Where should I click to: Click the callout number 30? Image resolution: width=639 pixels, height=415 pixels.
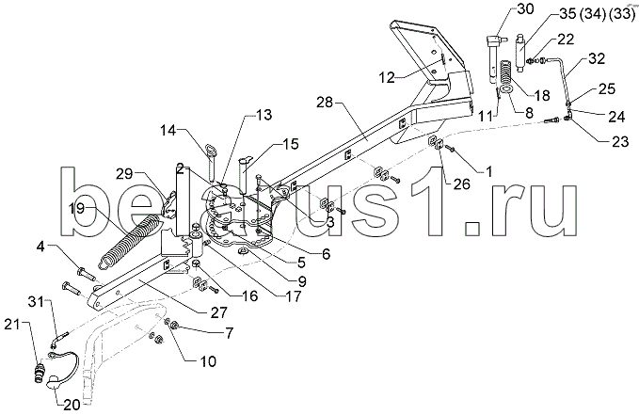click(524, 8)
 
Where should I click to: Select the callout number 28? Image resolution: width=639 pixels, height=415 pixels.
click(326, 102)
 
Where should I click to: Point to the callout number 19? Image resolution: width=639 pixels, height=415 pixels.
click(76, 208)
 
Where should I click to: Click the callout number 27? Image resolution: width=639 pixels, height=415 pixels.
click(218, 312)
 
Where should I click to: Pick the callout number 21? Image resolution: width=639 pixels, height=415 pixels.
click(13, 325)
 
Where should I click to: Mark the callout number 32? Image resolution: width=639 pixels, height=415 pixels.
click(597, 58)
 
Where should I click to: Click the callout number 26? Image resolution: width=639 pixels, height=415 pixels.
click(461, 184)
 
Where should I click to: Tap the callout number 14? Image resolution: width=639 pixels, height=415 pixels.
click(169, 131)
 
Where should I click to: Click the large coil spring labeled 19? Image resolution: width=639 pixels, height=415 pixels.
click(128, 241)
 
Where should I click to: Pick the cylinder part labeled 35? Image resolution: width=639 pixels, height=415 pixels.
click(520, 53)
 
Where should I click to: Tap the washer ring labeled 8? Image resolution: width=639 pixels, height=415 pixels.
click(504, 88)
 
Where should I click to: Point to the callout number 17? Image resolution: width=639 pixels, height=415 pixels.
click(293, 296)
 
